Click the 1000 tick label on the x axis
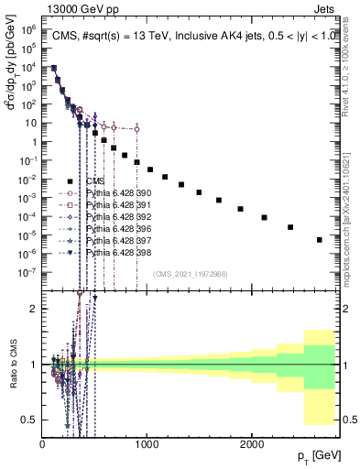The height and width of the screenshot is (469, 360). [x=147, y=443]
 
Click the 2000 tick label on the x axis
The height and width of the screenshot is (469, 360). [x=253, y=443]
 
